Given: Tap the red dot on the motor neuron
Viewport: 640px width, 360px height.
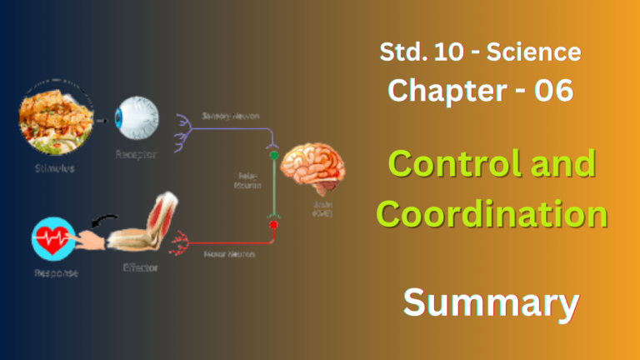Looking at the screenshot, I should pyautogui.click(x=271, y=223).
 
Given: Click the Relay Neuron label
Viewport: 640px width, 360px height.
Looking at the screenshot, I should pyautogui.click(x=247, y=181).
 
